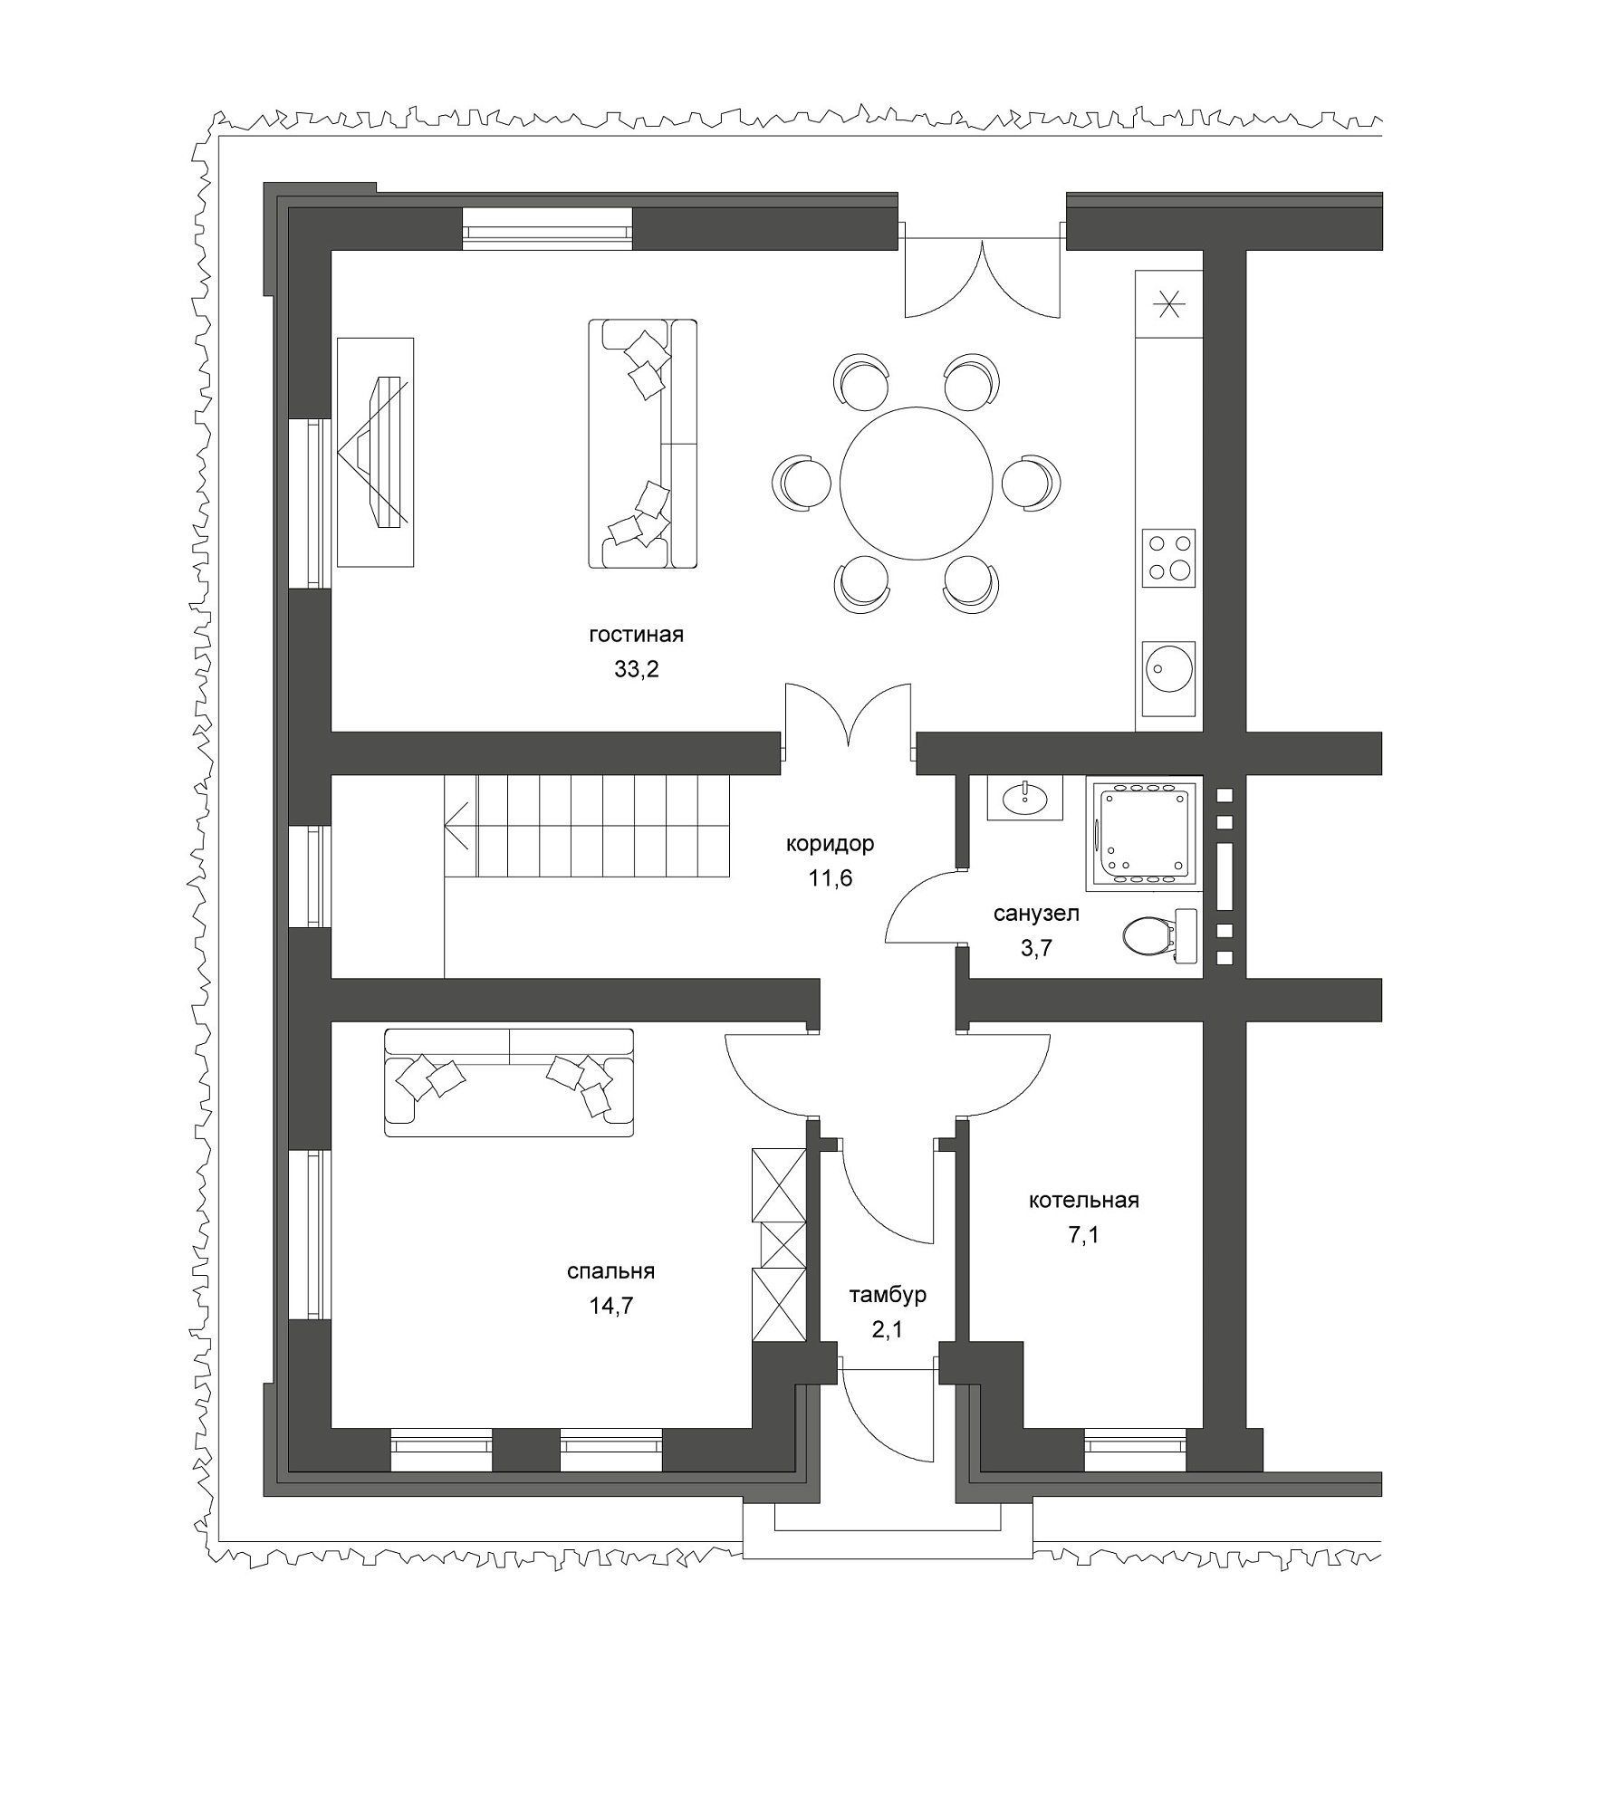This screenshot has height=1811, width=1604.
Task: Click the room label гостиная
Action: pyautogui.click(x=636, y=635)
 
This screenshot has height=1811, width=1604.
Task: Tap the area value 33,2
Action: pyautogui.click(x=636, y=670)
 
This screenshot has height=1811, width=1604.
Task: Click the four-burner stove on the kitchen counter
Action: pyautogui.click(x=1168, y=558)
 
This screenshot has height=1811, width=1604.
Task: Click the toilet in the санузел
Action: pyautogui.click(x=1158, y=935)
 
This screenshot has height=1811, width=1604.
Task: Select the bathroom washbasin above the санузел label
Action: pyautogui.click(x=1024, y=799)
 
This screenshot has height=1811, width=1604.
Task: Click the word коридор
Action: pyautogui.click(x=830, y=844)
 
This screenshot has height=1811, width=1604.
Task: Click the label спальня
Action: pyautogui.click(x=610, y=1271)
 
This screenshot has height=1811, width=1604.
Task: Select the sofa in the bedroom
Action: pyautogui.click(x=509, y=1082)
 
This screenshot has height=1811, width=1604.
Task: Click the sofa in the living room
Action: pyautogui.click(x=642, y=444)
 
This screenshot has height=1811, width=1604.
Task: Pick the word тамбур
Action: pyautogui.click(x=888, y=1294)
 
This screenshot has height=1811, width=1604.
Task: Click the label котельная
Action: pyautogui.click(x=1083, y=1201)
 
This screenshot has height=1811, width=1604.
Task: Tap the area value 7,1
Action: pyautogui.click(x=1083, y=1235)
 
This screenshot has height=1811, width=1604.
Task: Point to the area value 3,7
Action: pyautogui.click(x=1036, y=948)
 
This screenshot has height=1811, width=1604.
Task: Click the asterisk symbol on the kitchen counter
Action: pyautogui.click(x=1168, y=304)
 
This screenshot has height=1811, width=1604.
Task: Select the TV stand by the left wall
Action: pyautogui.click(x=375, y=453)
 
